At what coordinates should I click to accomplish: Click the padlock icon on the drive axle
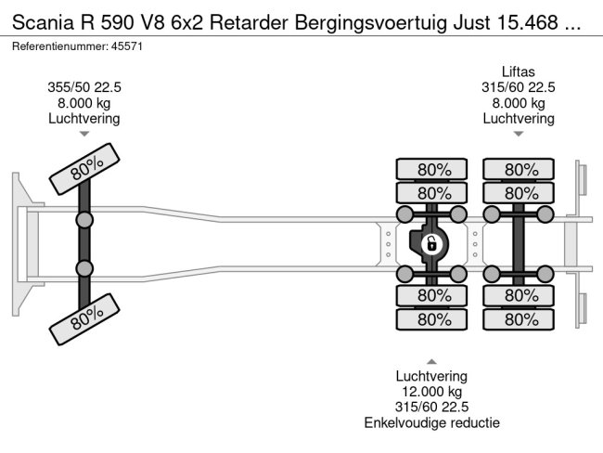pyautogui.click(x=430, y=244)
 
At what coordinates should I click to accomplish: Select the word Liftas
pyautogui.click(x=519, y=71)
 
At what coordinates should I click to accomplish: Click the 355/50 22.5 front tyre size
pyautogui.click(x=83, y=86)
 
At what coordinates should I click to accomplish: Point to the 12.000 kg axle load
pyautogui.click(x=431, y=392)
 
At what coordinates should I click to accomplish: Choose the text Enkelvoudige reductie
pyautogui.click(x=431, y=423)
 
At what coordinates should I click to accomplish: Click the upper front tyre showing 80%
pyautogui.click(x=85, y=166)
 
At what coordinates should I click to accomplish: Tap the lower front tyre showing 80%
pyautogui.click(x=85, y=322)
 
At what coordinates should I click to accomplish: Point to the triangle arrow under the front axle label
pyautogui.click(x=83, y=135)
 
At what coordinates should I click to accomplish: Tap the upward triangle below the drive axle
pyautogui.click(x=431, y=361)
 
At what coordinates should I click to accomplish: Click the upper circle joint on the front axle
pyautogui.click(x=84, y=220)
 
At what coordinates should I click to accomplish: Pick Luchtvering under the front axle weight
pyautogui.click(x=83, y=118)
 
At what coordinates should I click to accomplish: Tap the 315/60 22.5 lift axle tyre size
pyautogui.click(x=519, y=86)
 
